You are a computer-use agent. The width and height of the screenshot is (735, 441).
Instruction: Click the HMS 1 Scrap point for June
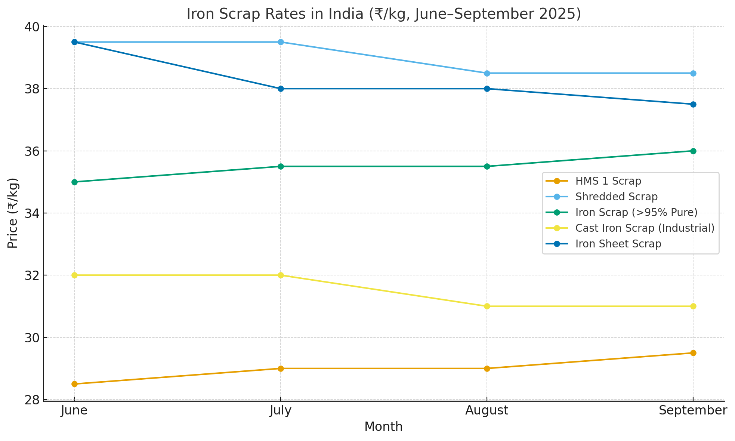74,384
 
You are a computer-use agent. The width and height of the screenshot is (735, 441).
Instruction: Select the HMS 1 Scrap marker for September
693,353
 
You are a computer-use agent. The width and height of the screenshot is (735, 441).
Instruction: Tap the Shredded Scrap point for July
281,42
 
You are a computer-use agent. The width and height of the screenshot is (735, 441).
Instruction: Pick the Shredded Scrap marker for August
487,73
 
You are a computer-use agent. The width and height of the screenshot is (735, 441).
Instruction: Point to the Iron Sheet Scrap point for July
281,89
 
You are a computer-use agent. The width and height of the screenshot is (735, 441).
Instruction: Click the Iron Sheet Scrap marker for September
693,104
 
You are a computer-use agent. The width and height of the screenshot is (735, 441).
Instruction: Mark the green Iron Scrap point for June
74,182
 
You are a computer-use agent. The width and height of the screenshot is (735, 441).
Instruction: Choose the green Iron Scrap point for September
693,151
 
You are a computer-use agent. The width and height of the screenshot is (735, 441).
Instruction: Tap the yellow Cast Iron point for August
487,306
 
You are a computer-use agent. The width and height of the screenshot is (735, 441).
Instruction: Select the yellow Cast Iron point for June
74,275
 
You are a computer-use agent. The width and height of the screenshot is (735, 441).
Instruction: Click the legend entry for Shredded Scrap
616,197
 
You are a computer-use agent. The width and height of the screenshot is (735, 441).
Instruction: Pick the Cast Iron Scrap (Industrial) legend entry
645,228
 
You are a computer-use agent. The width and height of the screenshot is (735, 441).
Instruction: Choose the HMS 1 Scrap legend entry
608,181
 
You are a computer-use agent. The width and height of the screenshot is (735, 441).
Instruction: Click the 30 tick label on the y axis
33,338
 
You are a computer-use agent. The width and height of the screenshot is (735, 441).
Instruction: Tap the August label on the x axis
487,411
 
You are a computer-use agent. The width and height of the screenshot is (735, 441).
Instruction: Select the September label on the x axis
693,411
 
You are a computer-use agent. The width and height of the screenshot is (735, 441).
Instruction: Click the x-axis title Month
383,427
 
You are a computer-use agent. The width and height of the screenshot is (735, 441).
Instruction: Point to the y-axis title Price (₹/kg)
13,213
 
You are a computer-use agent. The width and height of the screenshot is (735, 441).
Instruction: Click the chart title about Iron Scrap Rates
383,14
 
